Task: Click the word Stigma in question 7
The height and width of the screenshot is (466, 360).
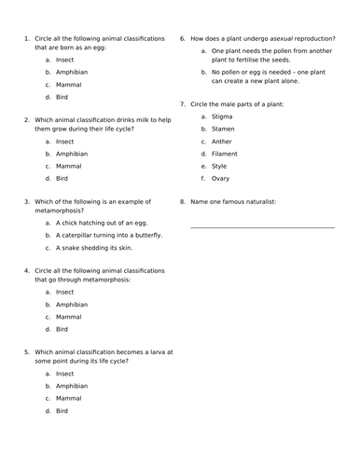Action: [222, 117]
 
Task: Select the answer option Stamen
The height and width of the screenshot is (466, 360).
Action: [223, 130]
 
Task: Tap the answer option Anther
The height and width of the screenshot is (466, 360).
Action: [222, 142]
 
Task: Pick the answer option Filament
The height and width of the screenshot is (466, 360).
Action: [225, 154]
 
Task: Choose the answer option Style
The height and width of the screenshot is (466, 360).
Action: [219, 166]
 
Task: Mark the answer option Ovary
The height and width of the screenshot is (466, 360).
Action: [221, 178]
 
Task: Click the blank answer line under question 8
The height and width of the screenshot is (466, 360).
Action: [262, 226]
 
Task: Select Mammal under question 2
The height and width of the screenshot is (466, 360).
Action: [69, 166]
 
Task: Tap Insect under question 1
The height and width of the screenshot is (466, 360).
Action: [65, 60]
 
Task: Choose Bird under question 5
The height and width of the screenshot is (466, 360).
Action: [62, 410]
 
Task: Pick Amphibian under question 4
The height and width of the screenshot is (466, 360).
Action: [73, 305]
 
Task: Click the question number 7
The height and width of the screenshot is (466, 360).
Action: [182, 105]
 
